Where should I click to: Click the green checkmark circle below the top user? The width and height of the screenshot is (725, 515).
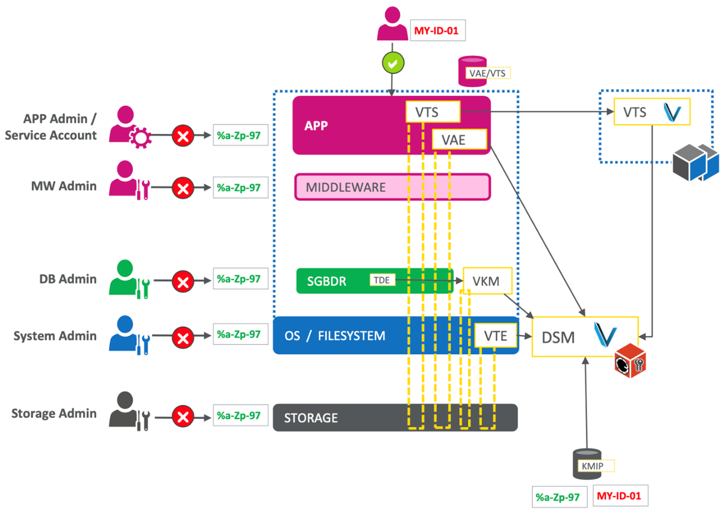(x=393, y=63)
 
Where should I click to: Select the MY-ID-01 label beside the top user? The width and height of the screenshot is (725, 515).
(x=436, y=30)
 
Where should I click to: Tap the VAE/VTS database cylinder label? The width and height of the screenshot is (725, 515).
(x=487, y=73)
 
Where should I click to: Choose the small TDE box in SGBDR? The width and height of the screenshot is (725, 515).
(x=382, y=280)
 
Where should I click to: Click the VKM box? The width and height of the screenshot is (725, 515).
(x=486, y=281)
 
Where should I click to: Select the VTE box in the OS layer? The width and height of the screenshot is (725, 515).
(x=495, y=336)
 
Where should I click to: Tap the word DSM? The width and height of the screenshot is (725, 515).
(x=558, y=338)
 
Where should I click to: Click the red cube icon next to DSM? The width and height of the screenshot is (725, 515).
(x=630, y=360)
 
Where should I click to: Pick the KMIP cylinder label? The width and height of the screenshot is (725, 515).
(x=593, y=466)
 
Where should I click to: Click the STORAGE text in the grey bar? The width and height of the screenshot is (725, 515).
(x=311, y=418)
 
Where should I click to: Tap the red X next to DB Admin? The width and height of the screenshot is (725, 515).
(x=183, y=282)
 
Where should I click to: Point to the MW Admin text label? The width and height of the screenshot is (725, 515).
(x=64, y=186)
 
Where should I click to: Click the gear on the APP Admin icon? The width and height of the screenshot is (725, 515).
(x=140, y=138)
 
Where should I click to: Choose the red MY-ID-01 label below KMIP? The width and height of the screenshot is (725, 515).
(x=619, y=496)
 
